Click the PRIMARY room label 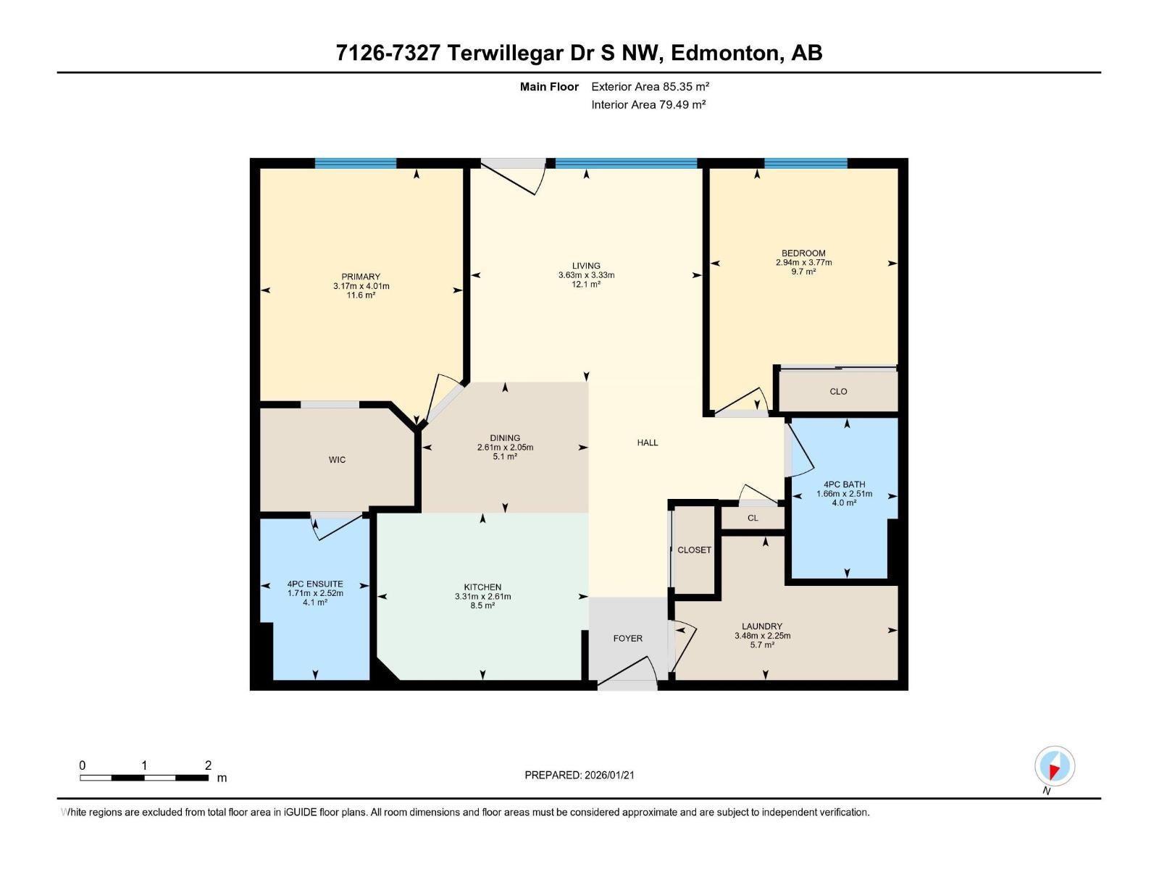(x=361, y=277)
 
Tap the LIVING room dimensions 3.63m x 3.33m (x=586, y=275)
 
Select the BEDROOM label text (x=803, y=253)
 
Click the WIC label (x=337, y=460)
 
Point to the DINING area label (x=505, y=438)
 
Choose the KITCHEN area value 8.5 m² (x=482, y=606)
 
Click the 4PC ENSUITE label (x=315, y=584)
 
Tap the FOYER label (x=627, y=639)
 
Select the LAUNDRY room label (x=762, y=626)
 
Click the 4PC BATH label (x=844, y=484)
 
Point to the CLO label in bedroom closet (x=838, y=392)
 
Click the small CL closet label (x=753, y=519)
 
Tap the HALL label (x=648, y=442)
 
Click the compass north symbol (x=1055, y=766)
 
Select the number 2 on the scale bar (x=209, y=765)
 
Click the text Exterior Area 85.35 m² (x=650, y=86)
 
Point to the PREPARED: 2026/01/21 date (x=579, y=775)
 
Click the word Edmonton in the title (x=725, y=53)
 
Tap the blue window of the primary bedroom (x=356, y=164)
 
